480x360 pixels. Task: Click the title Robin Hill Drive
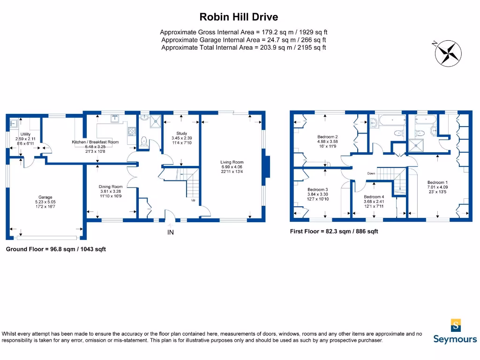(x=239, y=17)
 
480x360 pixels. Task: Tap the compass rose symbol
(x=448, y=52)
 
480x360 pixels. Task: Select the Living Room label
(x=232, y=163)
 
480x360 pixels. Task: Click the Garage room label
(x=45, y=197)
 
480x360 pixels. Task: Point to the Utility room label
(x=25, y=134)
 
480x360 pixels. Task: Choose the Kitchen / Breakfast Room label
(x=95, y=142)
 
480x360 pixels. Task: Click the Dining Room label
(x=111, y=187)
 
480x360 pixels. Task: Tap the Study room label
(x=181, y=134)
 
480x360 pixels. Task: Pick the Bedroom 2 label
(x=328, y=137)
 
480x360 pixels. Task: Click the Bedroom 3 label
(x=317, y=190)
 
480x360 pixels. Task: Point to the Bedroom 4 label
(x=374, y=197)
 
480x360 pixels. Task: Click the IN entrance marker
(x=171, y=232)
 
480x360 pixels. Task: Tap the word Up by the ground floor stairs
(x=193, y=200)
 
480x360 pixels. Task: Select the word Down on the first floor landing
(x=371, y=173)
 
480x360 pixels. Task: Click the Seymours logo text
(x=455, y=339)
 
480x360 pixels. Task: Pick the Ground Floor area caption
(x=56, y=249)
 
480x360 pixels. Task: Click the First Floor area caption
(x=334, y=232)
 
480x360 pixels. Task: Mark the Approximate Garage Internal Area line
(x=243, y=40)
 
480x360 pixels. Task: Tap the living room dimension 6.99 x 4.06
(x=232, y=167)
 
